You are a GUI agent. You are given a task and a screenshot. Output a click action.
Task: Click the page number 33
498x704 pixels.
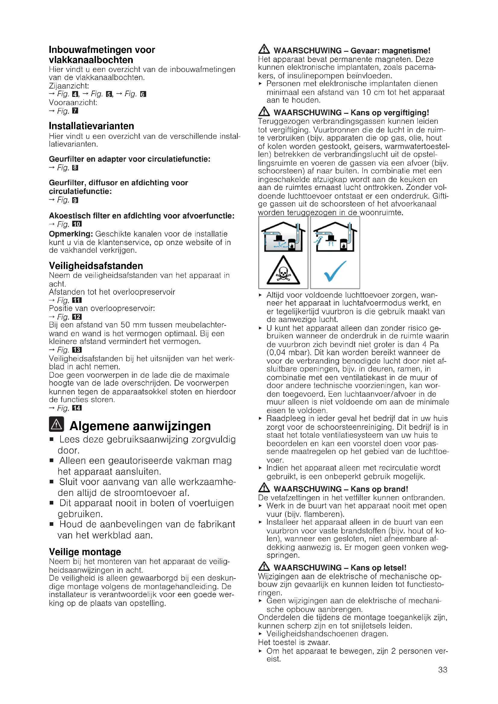[443, 669]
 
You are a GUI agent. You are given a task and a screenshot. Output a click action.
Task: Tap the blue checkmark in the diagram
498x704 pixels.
[335, 271]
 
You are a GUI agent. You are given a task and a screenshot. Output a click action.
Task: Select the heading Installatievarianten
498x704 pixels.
[92, 126]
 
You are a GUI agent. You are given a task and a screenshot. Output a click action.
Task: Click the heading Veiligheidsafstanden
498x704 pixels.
[96, 265]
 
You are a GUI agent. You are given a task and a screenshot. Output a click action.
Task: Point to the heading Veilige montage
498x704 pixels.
[85, 552]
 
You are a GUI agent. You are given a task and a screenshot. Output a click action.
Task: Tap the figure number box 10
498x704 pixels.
[77, 224]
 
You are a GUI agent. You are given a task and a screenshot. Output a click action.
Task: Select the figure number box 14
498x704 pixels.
[77, 408]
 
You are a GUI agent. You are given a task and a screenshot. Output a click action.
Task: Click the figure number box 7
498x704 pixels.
[75, 111]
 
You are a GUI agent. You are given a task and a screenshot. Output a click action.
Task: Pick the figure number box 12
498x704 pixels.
[77, 317]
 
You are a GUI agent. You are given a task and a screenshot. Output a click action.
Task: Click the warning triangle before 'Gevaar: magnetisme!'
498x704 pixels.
[264, 49]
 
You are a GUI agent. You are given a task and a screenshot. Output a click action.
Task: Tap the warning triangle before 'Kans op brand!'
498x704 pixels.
[264, 488]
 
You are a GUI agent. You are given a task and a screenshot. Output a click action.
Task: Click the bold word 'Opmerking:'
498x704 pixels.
[71, 234]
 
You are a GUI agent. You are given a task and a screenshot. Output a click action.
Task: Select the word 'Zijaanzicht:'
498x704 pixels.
[69, 86]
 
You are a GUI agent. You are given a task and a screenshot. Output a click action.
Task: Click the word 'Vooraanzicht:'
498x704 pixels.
[73, 103]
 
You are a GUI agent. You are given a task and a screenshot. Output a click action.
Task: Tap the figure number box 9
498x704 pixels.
[75, 200]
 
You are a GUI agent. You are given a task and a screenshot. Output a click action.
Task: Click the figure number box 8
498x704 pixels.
[75, 168]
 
